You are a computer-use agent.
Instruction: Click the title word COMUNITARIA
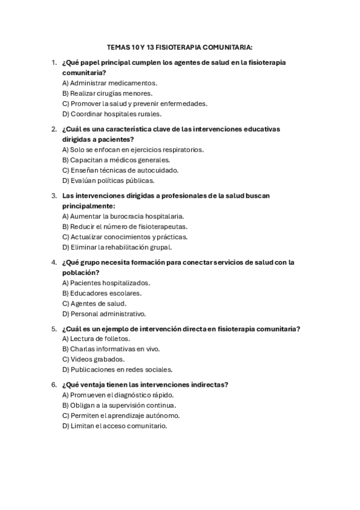227,46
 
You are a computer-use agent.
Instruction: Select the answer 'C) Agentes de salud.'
94,304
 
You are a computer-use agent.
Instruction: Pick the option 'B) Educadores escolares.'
102,293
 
